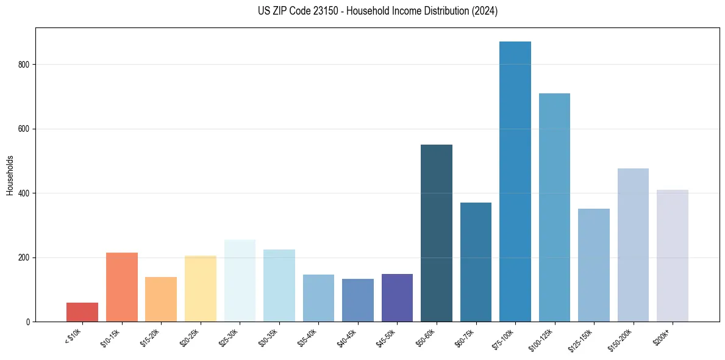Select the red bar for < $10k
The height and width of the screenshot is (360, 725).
click(x=82, y=312)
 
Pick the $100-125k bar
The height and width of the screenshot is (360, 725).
click(x=554, y=207)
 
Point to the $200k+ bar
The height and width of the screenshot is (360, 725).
click(x=673, y=256)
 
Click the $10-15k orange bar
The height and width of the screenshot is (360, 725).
click(x=122, y=287)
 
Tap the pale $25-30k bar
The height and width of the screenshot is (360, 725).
click(x=240, y=281)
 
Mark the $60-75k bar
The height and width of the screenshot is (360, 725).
click(x=476, y=262)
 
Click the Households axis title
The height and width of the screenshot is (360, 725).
click(x=10, y=175)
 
